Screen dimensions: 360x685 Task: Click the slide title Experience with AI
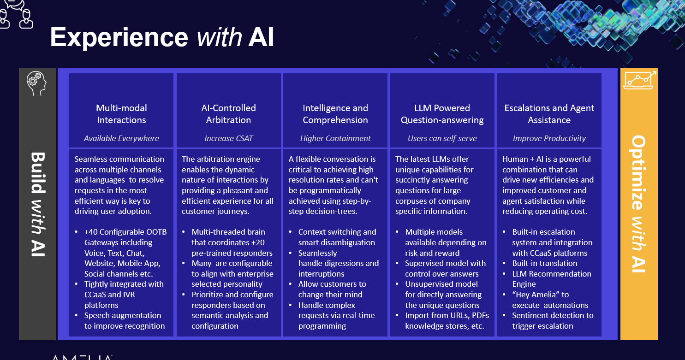[x=162, y=37]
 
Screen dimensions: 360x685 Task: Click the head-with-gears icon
[x=37, y=83]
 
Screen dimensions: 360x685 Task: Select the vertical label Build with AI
[x=37, y=203]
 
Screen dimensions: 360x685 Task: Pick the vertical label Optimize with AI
[x=639, y=203]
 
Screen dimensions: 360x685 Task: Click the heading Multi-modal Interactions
[x=121, y=114]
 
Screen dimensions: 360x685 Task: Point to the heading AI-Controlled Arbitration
[x=228, y=114]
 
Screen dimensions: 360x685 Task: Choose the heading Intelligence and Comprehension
[x=335, y=114]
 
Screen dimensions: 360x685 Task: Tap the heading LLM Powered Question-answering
[x=442, y=114]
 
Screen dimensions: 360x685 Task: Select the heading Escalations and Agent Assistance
[x=549, y=114]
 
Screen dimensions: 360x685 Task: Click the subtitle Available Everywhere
[x=121, y=138]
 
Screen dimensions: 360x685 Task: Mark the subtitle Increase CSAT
[x=228, y=138]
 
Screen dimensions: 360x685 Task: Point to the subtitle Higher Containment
[x=335, y=138]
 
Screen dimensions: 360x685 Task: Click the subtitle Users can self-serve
[x=442, y=138]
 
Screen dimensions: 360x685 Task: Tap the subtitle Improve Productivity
[x=549, y=138]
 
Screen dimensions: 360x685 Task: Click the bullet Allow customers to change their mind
[x=332, y=289]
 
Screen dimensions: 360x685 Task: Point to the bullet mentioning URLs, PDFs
[x=447, y=320]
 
